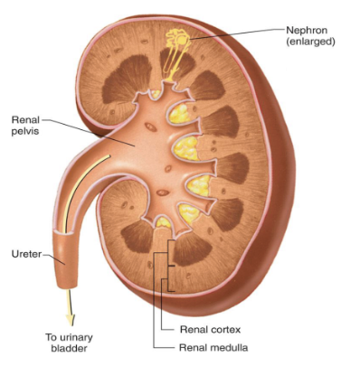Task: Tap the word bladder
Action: click(x=69, y=350)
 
